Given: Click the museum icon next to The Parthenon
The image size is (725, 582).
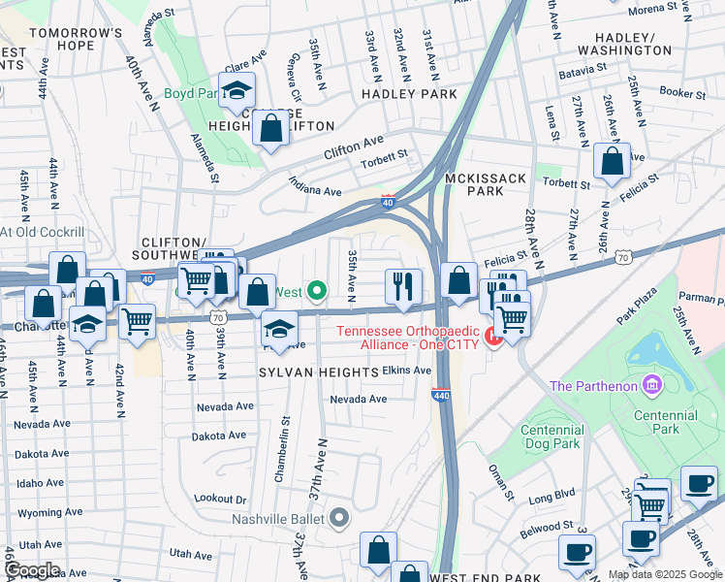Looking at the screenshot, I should pos(651,386).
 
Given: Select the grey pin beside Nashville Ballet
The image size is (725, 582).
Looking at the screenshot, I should pos(338,518).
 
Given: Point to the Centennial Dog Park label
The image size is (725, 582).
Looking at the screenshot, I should pos(552,436).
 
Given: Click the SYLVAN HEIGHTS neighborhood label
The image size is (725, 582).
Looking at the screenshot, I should pos(318,372).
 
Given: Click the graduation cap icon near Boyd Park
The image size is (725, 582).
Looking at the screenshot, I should pos(236,92).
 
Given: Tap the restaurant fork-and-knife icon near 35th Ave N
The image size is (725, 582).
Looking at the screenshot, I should pos(402,286).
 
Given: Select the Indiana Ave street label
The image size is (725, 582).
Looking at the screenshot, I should pos(315,184).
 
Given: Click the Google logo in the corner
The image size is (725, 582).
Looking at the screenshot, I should pos(31,570).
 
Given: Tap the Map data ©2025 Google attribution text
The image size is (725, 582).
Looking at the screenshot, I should pos(665,574).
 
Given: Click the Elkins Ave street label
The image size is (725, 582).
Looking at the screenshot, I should pos(406,371).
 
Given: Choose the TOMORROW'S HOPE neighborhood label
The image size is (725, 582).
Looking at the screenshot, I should pos(76,40).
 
